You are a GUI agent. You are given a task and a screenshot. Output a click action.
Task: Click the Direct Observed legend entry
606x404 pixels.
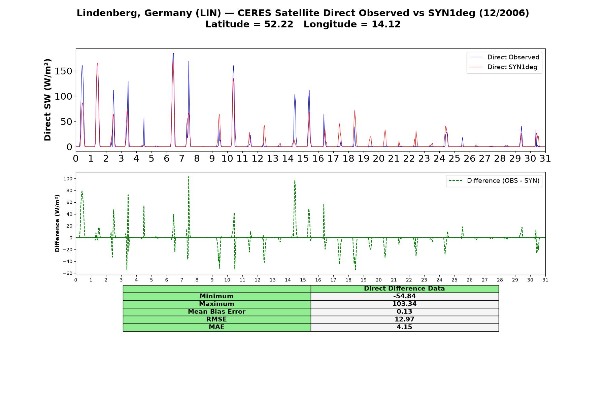(x=504, y=57)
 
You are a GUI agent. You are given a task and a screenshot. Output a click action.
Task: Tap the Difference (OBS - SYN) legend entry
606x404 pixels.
(x=494, y=181)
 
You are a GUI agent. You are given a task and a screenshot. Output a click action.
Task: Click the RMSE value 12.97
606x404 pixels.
(x=404, y=319)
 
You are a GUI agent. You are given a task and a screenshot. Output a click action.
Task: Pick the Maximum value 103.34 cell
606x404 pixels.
(x=404, y=304)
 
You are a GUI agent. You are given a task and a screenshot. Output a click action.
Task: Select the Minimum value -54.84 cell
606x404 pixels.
(x=404, y=296)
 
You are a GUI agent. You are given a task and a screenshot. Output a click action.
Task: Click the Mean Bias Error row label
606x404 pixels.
(x=216, y=312)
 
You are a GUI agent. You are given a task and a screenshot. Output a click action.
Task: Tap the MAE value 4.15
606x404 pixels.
(x=404, y=327)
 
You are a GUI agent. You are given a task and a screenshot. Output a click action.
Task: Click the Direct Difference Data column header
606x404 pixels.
(x=404, y=289)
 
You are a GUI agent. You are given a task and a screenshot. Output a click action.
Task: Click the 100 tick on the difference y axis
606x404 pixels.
(x=68, y=178)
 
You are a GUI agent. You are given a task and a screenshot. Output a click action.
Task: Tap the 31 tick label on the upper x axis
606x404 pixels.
(x=545, y=158)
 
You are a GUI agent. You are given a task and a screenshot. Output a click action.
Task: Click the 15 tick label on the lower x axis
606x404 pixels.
(x=303, y=280)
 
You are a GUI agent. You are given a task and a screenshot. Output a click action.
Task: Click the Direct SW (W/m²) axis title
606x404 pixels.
(x=47, y=100)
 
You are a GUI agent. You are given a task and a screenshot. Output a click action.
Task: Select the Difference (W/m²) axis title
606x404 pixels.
(x=57, y=223)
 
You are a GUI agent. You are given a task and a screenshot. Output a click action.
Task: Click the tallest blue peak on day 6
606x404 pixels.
(x=173, y=53)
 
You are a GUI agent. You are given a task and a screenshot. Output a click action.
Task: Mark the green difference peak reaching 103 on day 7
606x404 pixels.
(x=189, y=176)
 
